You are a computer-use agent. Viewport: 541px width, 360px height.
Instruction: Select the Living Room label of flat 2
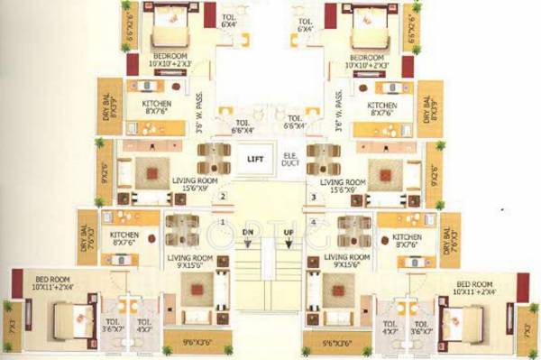[196, 184]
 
